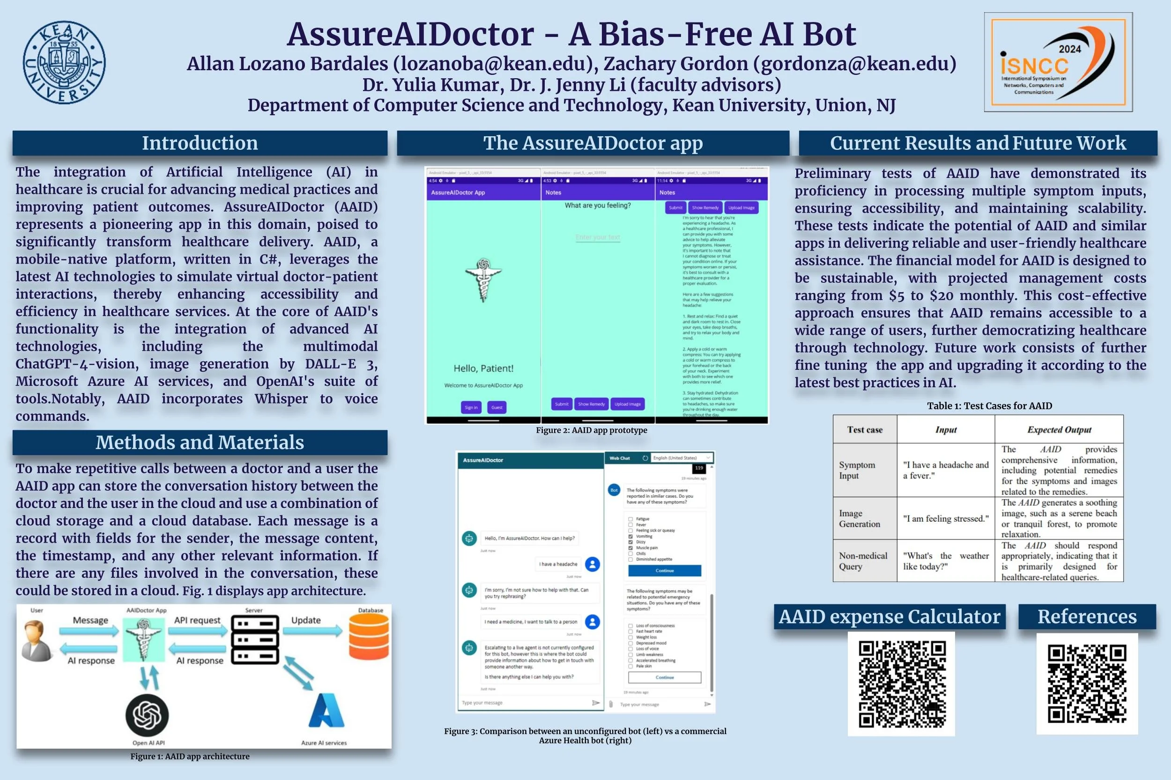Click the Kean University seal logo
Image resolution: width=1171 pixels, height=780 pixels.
coord(64,62)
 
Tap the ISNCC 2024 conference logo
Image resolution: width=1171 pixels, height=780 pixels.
coord(1058,62)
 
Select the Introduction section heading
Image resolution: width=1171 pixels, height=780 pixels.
coord(200,143)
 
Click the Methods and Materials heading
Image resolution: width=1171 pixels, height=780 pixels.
coord(200,442)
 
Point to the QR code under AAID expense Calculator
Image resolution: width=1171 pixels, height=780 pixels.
coord(901,684)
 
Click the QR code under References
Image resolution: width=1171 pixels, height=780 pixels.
coord(1087,684)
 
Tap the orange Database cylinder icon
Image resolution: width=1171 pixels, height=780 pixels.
coord(369,636)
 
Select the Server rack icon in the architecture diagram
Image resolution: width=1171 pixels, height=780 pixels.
coord(255,640)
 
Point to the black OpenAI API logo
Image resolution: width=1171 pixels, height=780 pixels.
coord(147,715)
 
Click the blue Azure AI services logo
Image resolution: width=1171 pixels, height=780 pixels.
coord(326,711)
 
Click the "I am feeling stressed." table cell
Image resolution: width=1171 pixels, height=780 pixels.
coord(946,518)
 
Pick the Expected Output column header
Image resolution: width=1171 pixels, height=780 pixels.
coord(1059,429)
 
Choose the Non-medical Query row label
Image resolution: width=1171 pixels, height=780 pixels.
coord(863,560)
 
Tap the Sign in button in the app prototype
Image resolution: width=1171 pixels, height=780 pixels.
coord(471,407)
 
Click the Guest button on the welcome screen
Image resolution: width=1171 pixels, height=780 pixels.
coord(497,407)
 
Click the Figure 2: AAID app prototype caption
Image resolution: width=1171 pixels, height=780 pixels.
coord(591,430)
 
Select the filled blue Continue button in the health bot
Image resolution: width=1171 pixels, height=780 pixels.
coord(664,571)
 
